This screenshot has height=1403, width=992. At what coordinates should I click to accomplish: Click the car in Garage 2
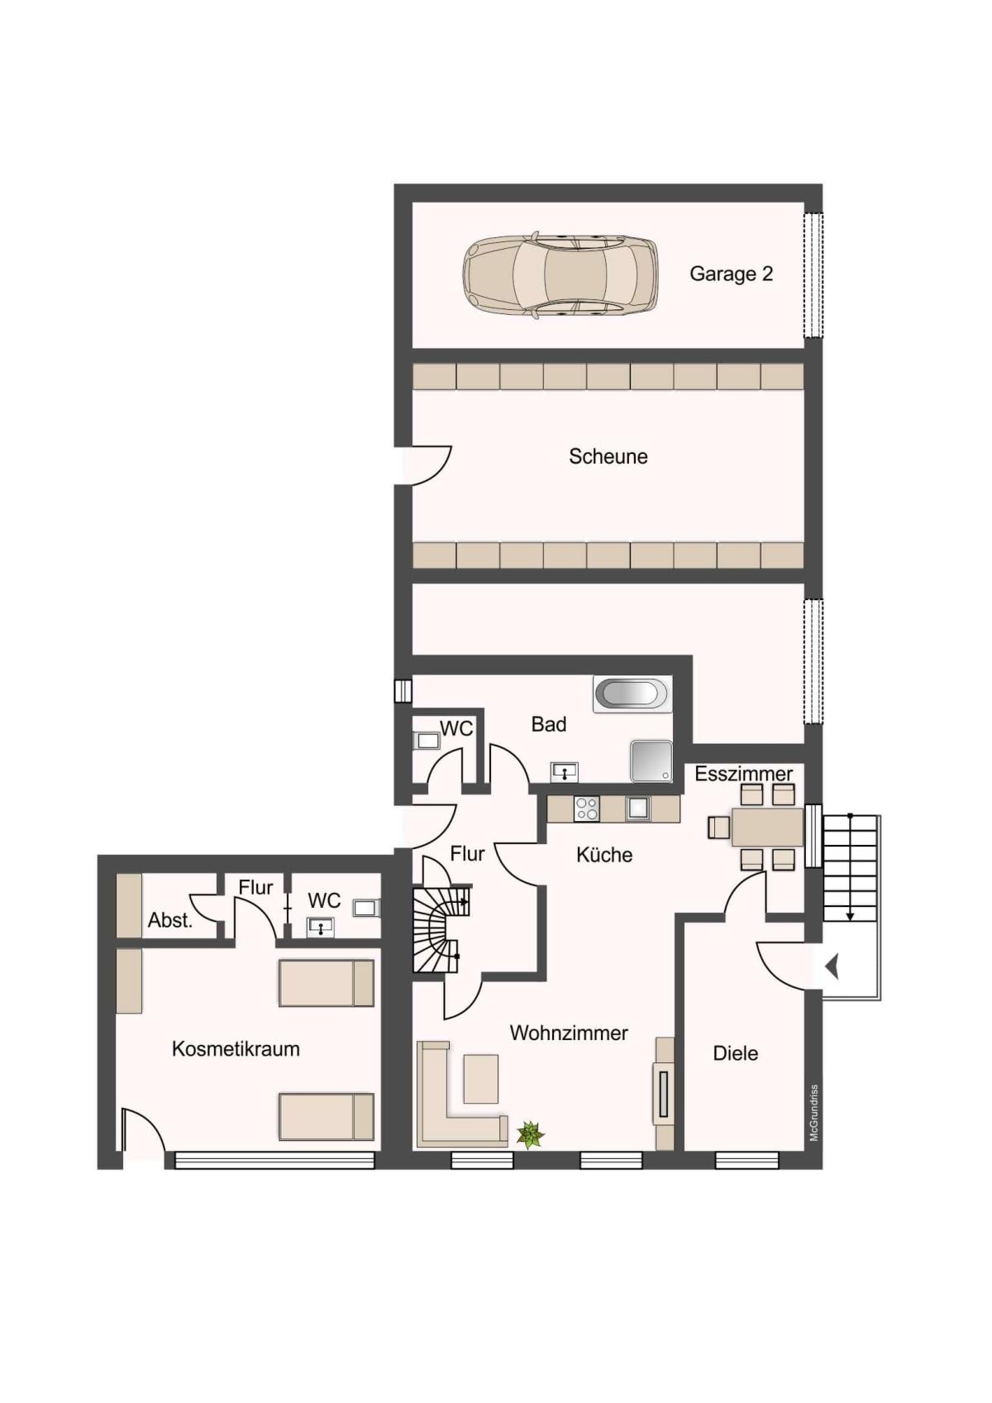click(560, 276)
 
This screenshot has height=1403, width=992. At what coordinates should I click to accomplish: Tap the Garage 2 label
click(731, 274)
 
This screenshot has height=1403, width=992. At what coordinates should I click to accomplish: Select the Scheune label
click(608, 456)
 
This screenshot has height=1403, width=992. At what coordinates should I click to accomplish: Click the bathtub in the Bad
click(632, 694)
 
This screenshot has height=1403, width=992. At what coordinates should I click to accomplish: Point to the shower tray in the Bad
click(651, 761)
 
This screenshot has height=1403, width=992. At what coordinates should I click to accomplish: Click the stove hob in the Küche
click(586, 809)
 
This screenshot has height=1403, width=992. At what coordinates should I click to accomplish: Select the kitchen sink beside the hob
click(637, 809)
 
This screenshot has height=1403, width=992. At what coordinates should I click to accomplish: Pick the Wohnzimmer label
click(569, 1033)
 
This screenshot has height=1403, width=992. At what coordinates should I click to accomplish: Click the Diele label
click(735, 1053)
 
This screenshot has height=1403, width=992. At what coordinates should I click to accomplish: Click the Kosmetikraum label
click(236, 1049)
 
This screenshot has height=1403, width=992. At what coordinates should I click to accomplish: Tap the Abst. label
click(169, 920)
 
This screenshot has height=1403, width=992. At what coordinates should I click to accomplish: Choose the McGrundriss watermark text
click(814, 1113)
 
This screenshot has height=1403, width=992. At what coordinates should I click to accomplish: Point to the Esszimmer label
click(743, 774)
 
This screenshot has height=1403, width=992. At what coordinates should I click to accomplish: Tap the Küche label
click(604, 855)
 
